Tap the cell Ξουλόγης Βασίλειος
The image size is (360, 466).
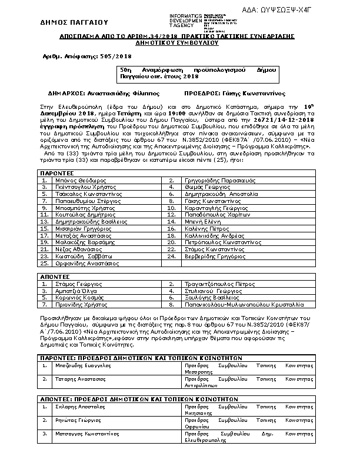(x=208, y=298)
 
